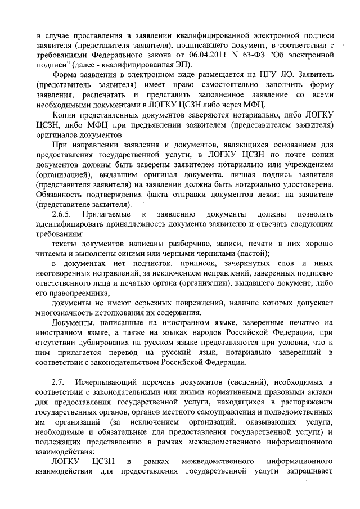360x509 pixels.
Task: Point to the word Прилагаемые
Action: tap(107, 214)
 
